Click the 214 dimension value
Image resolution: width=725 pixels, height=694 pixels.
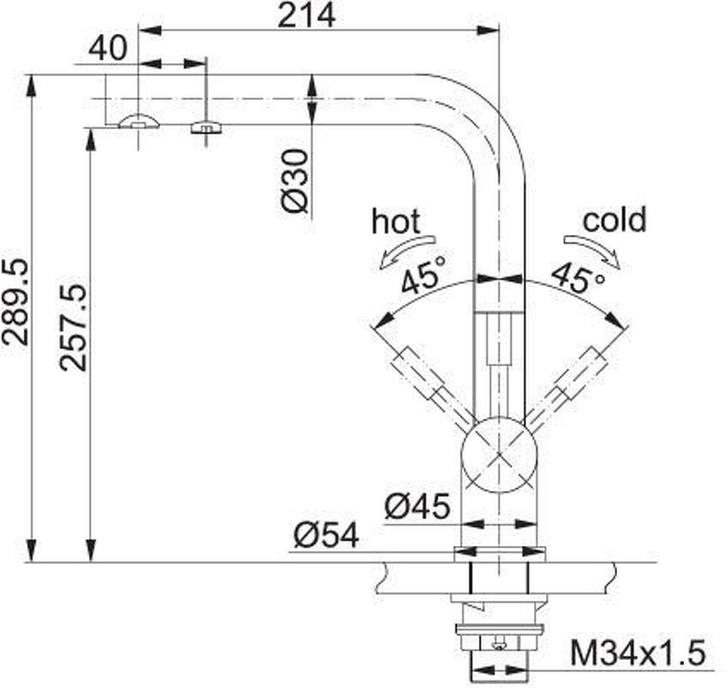tap(306, 15)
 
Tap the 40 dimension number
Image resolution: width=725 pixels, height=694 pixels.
tap(106, 48)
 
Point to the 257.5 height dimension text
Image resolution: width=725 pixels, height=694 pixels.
tap(73, 327)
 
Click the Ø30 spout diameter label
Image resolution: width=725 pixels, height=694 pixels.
tap(295, 180)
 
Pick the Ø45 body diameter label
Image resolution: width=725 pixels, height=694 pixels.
tap(417, 506)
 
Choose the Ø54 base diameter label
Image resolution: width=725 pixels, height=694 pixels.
tap(326, 535)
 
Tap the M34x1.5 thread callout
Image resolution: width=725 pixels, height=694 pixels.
tap(638, 652)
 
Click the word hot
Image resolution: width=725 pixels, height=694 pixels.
tap(396, 221)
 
